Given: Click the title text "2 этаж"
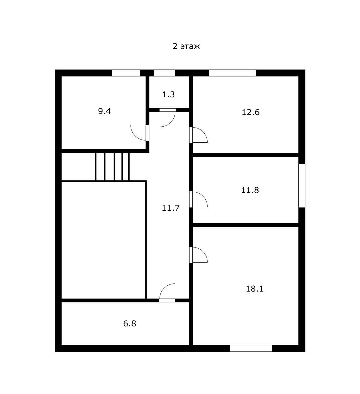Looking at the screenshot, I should pos(186,46).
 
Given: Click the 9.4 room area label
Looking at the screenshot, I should pos(104,111).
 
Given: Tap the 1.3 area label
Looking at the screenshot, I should pos(168,95).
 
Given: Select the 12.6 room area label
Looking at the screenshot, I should pos(250,112).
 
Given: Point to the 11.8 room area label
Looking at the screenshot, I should pos(250,190).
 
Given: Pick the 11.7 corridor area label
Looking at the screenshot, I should pos(170,208).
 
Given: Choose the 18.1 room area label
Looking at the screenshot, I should pos(255,289).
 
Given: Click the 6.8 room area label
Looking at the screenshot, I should pos(130,323).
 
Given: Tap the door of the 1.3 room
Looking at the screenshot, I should pos(167,118).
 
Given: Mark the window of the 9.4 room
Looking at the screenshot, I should pos(126,73).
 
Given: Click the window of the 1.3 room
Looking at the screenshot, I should pos(164,73).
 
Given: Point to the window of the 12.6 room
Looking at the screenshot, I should pos(232,73).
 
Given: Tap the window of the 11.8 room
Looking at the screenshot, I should pos(302,186).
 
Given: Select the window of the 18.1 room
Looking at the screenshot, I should pos(251,348).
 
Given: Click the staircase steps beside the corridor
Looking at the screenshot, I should pos(112,167).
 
